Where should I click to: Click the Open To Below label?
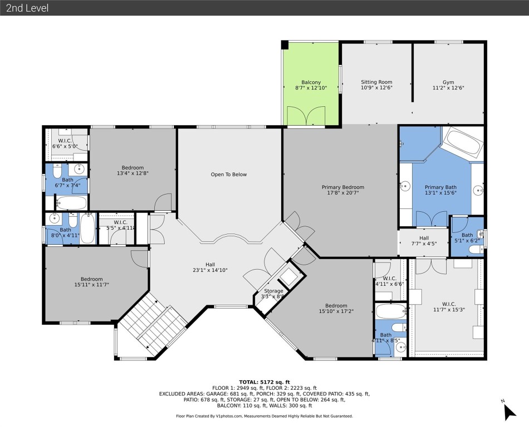click(228, 175)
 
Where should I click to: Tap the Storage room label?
click(273, 291)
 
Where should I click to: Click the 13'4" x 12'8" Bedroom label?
click(133, 171)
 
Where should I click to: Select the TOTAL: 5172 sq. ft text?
click(264, 381)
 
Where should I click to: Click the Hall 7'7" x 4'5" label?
click(424, 241)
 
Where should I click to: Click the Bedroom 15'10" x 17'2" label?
click(336, 309)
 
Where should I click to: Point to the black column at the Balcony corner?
click(285, 45)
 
